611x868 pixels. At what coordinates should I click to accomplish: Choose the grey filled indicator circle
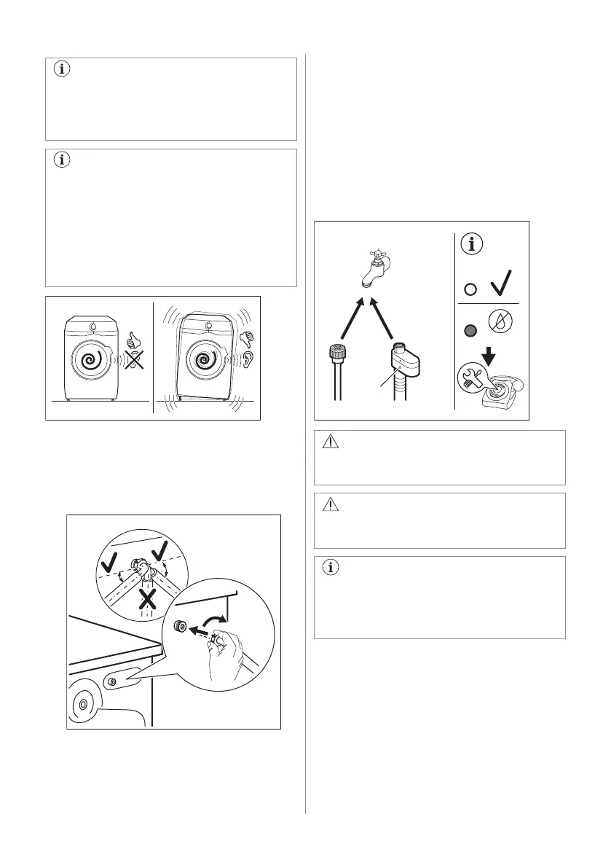(x=470, y=329)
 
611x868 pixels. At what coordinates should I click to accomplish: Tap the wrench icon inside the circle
(x=470, y=378)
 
